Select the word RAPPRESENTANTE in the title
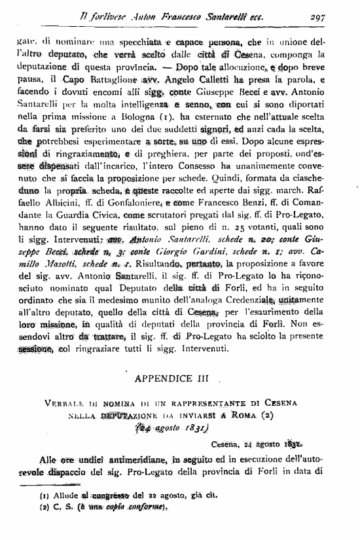click(230, 399)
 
